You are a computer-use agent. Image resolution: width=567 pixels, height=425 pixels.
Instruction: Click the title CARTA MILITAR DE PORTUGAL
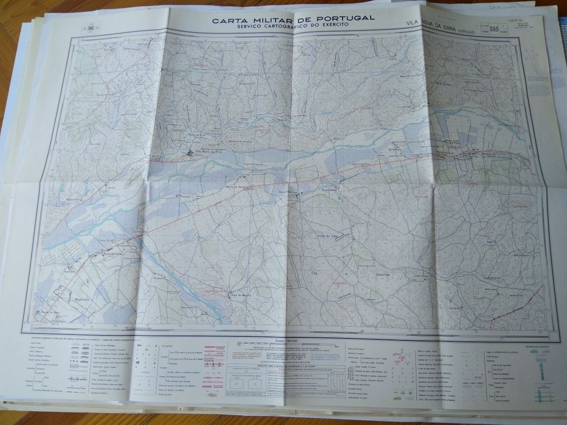tap(293, 19)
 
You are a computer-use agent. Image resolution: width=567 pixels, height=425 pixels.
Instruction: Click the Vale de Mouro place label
tap(241, 295)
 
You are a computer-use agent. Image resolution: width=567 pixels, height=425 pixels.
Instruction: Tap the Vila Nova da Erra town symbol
tap(191, 152)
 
